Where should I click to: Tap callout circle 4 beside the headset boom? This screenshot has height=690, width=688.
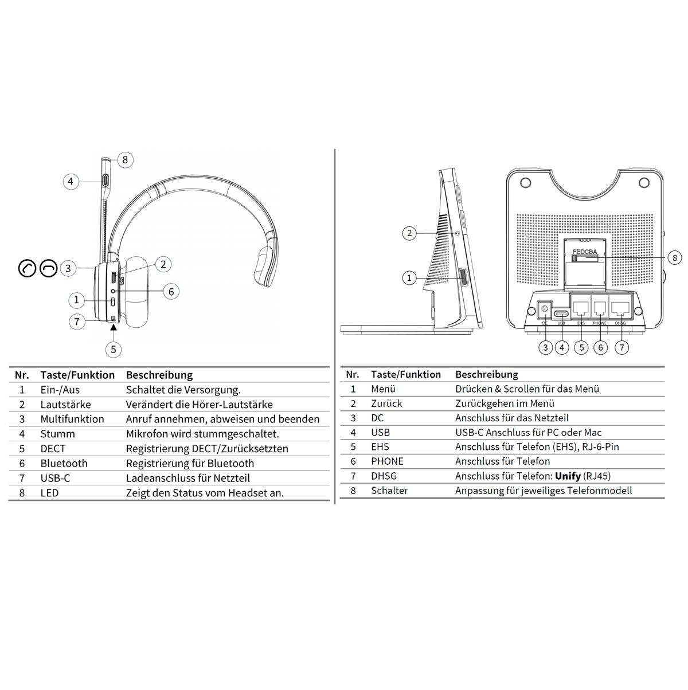tap(71, 182)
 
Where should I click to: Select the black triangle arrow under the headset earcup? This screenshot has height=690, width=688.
tap(114, 328)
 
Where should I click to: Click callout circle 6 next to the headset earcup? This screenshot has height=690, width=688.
tap(171, 292)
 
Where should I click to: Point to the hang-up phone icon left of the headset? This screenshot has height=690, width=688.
tap(48, 268)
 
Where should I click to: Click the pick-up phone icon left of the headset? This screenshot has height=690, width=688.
tap(28, 268)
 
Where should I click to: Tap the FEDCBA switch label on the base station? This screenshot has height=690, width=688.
tap(584, 252)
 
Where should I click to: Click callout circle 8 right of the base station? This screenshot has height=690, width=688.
tap(675, 258)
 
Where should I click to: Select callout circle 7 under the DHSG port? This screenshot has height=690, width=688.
tap(621, 347)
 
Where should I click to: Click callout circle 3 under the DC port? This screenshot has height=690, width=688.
tap(545, 347)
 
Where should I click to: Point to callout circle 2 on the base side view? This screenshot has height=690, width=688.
tap(409, 233)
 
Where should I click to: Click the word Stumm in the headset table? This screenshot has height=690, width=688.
tap(57, 434)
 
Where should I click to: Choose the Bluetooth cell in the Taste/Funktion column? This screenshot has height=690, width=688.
tap(64, 464)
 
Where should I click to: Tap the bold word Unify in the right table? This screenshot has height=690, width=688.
tap(568, 476)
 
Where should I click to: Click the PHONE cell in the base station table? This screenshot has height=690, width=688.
tap(387, 461)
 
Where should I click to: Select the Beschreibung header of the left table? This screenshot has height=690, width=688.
tap(159, 375)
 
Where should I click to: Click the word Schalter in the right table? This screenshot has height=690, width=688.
tap(389, 491)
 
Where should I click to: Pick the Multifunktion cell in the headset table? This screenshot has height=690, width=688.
tap(72, 420)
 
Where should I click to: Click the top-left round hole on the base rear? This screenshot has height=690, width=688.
tap(525, 183)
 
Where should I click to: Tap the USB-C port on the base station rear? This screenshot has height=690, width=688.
tap(561, 314)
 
